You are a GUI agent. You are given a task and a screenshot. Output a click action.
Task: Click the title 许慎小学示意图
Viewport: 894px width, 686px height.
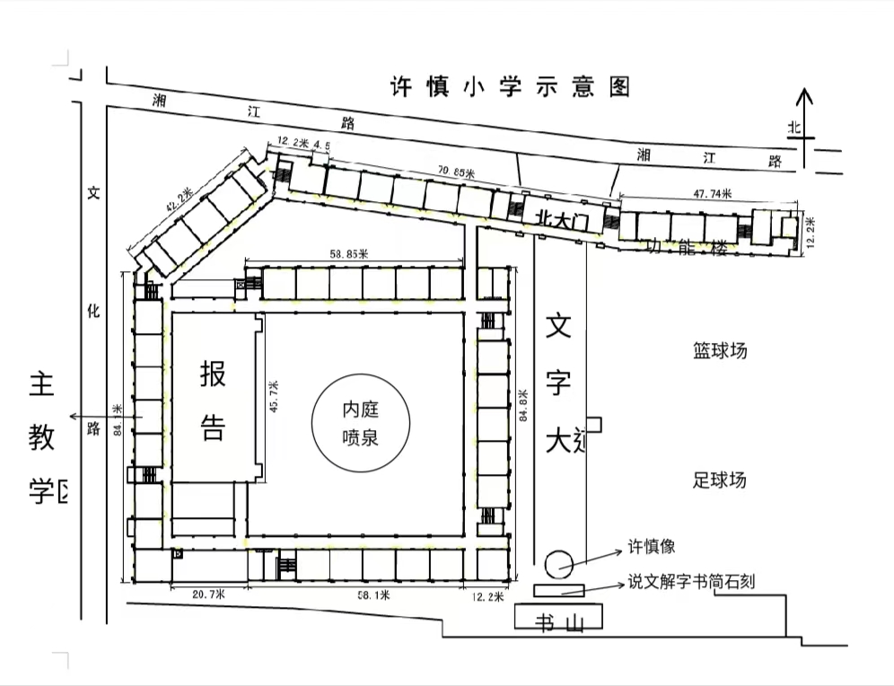click(x=510, y=87)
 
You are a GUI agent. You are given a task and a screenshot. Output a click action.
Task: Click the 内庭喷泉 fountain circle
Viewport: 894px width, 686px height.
click(x=360, y=422)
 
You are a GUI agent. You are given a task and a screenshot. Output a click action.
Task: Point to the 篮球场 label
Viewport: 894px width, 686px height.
click(x=719, y=350)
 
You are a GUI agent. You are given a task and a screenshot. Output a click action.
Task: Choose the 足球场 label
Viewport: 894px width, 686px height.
click(x=719, y=479)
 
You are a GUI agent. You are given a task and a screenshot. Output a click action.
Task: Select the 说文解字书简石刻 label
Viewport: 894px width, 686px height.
click(x=691, y=582)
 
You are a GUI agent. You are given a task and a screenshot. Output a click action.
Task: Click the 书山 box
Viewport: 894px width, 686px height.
click(x=558, y=617)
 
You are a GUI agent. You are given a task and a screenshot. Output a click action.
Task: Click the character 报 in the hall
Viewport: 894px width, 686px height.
click(x=213, y=373)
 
